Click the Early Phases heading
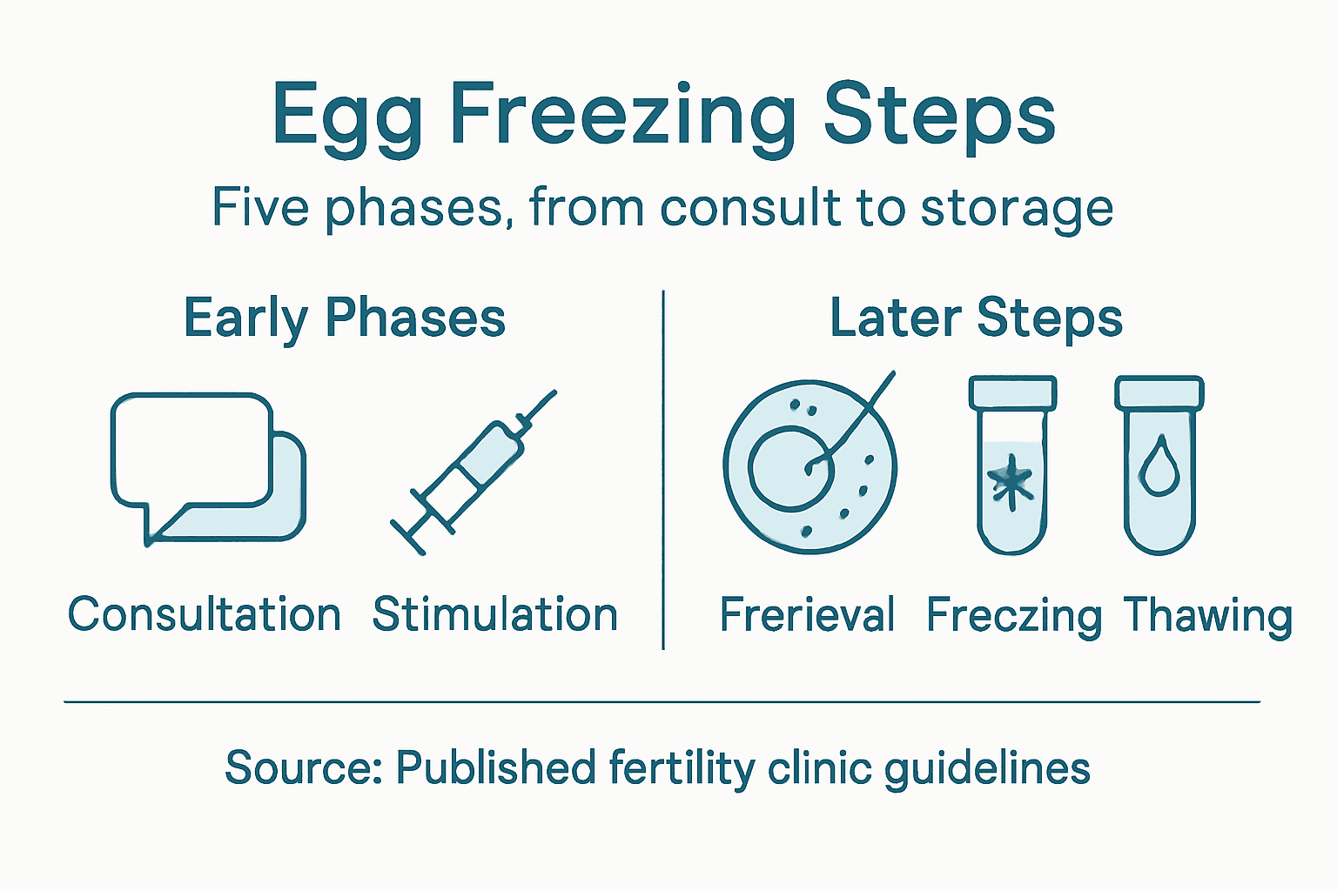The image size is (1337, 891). coord(345,318)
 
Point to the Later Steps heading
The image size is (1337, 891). coord(976,318)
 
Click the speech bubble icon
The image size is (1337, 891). coord(207,467)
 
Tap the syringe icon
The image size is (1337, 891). coord(474,472)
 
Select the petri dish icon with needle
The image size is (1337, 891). coord(810,466)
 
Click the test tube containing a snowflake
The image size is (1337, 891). coord(1011,466)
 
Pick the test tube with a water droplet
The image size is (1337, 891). coord(1159,466)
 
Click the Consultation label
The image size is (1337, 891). coord(205,614)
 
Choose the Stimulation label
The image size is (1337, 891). coord(495,614)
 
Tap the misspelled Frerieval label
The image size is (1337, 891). coord(807,615)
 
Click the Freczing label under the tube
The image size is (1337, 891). coord(1013,617)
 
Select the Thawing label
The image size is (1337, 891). coord(1207,616)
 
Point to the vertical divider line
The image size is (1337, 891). coord(663,470)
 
